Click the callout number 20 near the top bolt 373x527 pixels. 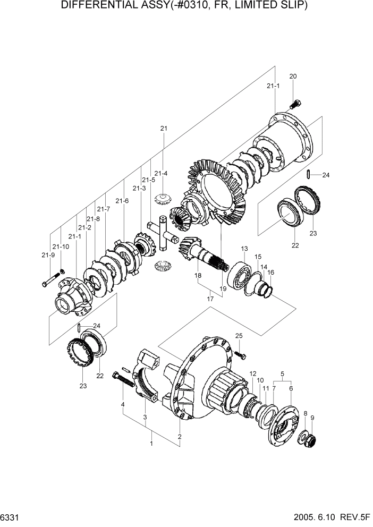292,76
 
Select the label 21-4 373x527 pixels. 161,173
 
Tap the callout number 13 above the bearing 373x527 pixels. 244,249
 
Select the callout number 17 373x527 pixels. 211,299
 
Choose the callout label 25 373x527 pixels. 239,336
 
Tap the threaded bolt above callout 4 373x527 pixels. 123,381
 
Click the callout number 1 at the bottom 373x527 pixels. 151,443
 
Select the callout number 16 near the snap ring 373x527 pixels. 270,272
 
